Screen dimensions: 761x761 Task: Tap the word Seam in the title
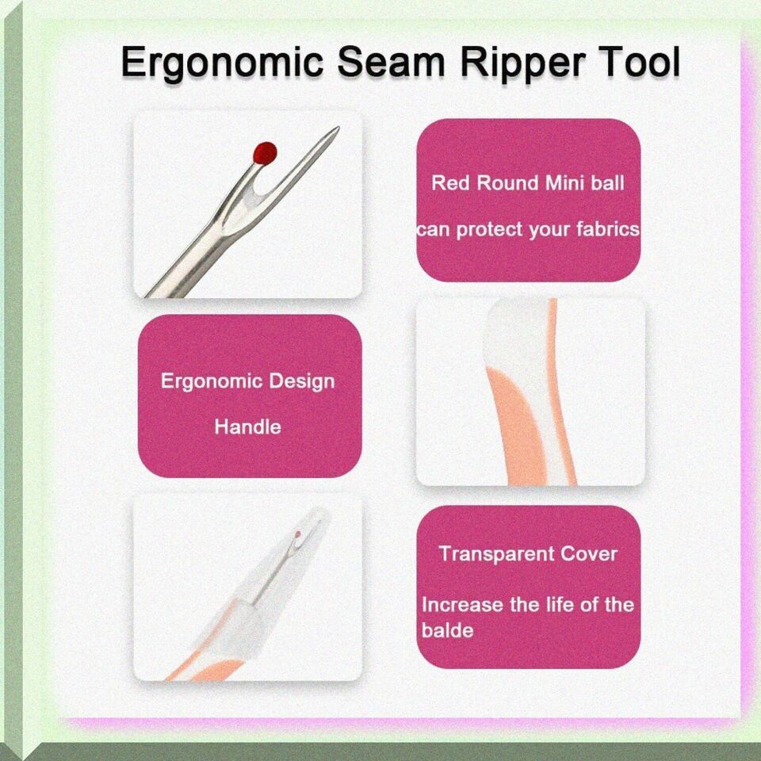(x=391, y=62)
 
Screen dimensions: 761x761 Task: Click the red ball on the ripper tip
(x=265, y=153)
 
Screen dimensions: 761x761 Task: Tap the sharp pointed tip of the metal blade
(x=338, y=128)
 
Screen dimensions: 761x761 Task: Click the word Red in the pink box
(x=451, y=183)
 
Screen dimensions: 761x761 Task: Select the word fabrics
(x=608, y=229)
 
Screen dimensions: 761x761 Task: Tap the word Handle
(x=247, y=427)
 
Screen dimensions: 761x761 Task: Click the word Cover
(x=589, y=554)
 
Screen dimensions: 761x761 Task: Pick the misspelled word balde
(x=447, y=630)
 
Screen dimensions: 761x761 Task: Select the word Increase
(x=462, y=605)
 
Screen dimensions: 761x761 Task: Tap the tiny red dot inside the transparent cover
(x=297, y=534)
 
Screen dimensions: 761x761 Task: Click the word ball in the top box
(x=608, y=183)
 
